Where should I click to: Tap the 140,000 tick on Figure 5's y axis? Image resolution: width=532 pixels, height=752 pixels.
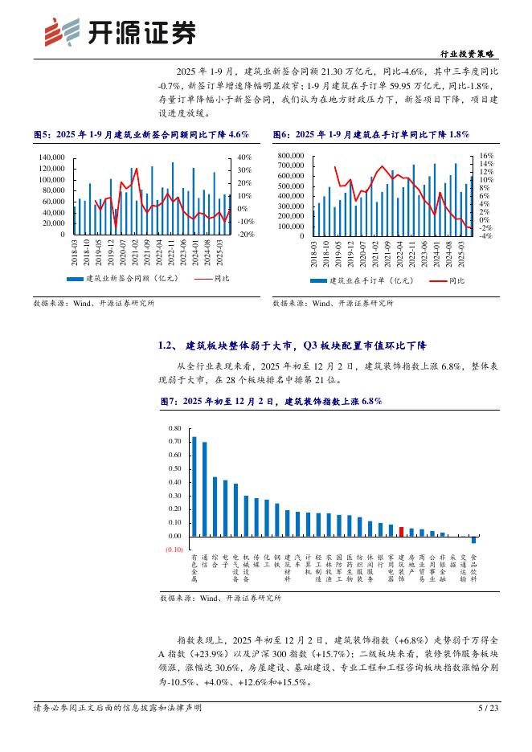pos(51,157)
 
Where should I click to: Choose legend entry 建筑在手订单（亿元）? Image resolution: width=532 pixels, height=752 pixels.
pos(361,280)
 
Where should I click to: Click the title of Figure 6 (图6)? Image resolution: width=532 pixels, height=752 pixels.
pos(371,134)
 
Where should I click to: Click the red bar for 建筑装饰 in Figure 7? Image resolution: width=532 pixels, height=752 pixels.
pos(401,531)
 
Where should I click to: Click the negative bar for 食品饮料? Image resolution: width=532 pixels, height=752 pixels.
pos(473,540)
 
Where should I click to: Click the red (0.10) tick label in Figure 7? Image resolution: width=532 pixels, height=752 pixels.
pos(174,550)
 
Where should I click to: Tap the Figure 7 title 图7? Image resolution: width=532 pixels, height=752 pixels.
pos(269,400)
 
